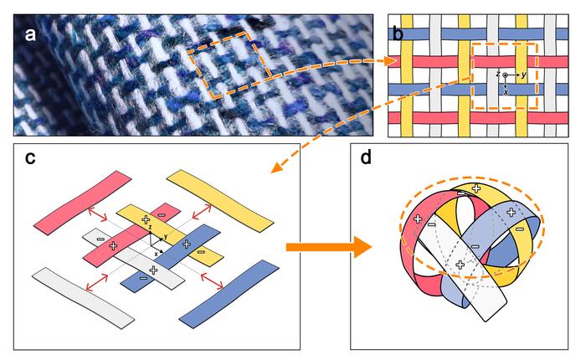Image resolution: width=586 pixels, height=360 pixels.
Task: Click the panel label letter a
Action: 30,34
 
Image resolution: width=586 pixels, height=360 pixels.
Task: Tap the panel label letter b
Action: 398,33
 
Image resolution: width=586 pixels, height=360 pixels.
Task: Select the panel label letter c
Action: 30,158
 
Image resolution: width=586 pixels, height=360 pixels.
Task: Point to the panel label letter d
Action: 367,157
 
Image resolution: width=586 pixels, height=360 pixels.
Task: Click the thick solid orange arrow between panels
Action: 329,247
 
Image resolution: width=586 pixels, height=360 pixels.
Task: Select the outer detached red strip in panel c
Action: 83,203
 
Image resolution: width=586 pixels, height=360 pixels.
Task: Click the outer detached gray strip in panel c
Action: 83,298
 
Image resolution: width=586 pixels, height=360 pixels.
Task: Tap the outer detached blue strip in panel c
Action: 229,294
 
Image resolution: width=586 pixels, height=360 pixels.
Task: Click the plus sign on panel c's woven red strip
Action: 113,245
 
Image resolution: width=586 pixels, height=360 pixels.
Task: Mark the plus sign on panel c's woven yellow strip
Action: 146,220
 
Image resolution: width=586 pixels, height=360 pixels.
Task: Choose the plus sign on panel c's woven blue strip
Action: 187,244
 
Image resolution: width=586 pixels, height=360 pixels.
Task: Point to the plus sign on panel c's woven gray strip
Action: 153,270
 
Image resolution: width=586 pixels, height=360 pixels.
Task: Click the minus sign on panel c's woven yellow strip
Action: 201,252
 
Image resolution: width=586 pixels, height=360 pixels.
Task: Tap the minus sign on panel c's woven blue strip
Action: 143,278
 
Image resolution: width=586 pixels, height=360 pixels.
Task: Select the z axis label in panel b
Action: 498,74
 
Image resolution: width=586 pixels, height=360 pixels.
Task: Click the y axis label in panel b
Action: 523,75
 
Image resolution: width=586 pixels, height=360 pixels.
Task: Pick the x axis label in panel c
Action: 156,255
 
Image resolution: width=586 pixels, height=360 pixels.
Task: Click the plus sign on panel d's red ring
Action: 419,219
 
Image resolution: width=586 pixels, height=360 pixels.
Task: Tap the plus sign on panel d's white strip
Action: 460,265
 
